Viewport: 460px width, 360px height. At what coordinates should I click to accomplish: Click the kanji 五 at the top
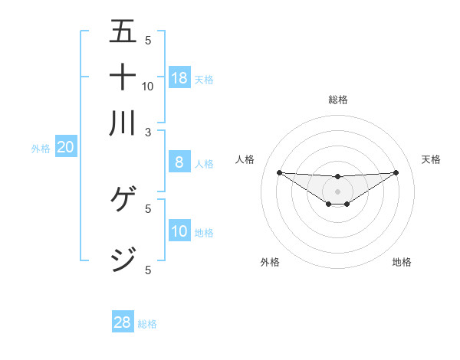123,31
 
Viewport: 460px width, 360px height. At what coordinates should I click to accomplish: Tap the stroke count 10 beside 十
148,86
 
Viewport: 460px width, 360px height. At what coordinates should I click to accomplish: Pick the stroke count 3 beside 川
149,132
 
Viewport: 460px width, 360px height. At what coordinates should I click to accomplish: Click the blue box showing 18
179,77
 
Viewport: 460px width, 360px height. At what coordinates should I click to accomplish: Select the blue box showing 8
179,162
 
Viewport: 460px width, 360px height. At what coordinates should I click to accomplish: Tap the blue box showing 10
179,231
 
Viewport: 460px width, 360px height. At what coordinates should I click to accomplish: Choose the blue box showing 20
65,147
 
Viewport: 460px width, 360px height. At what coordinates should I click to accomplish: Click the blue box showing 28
123,322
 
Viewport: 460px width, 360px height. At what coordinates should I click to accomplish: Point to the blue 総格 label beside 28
147,324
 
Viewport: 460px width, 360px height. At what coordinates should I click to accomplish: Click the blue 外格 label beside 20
41,149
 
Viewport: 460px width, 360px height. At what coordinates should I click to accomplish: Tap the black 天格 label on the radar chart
432,159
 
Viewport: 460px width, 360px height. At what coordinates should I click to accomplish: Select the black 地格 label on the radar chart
402,262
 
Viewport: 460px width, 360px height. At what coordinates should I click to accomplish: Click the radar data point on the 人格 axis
279,172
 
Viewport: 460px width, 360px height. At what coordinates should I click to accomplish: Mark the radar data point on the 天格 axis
396,172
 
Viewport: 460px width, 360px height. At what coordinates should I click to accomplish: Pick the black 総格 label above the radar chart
338,100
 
